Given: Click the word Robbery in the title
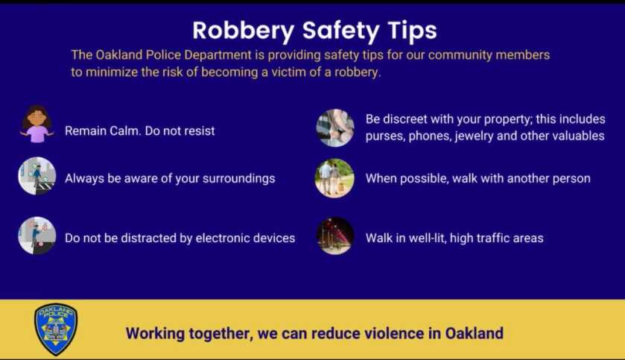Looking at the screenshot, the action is tap(244, 31).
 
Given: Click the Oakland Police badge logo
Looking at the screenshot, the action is tap(56, 329).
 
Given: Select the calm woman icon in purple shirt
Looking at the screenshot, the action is tap(37, 124).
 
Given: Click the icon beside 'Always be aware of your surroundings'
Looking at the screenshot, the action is tap(37, 176).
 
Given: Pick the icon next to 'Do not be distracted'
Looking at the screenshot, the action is tap(37, 236).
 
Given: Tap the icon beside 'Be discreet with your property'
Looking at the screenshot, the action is tap(334, 128).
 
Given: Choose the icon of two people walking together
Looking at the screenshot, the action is tap(334, 178).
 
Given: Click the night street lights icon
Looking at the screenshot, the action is tap(334, 236).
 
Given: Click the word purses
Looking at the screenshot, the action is tap(384, 136).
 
